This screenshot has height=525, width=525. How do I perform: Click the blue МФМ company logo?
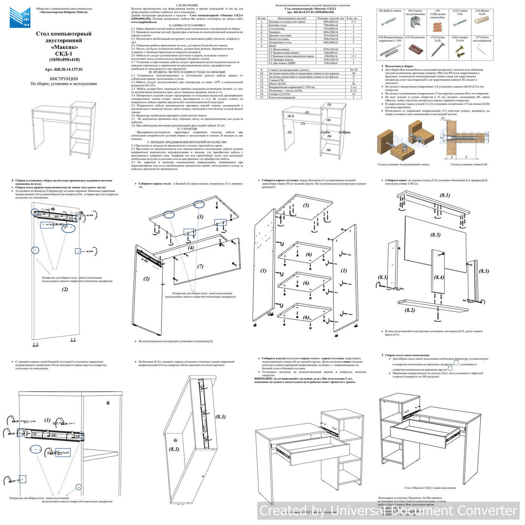point(20,17)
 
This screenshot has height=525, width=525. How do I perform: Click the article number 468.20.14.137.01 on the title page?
point(63,69)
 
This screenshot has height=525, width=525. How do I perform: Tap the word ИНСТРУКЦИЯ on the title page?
point(64,79)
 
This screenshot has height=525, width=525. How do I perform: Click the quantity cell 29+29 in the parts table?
point(353,70)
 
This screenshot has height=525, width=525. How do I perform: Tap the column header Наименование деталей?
point(291,18)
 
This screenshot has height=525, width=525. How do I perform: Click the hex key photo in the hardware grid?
point(481,49)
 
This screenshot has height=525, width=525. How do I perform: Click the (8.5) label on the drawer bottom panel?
point(435,235)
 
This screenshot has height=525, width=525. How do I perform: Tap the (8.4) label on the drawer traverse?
point(439,277)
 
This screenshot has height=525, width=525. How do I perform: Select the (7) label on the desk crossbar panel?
point(200,266)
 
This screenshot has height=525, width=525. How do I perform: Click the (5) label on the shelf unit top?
point(306,205)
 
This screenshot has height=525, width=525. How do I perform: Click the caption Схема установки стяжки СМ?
point(469,164)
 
